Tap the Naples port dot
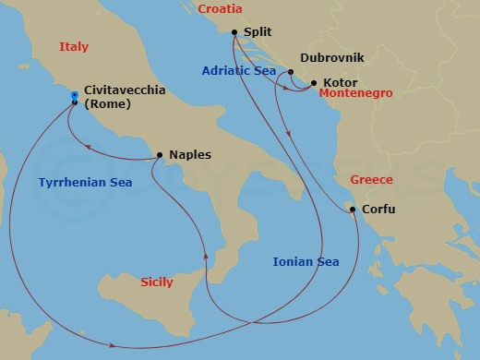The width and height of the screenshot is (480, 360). (x=160, y=155)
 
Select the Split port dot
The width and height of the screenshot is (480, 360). (x=234, y=32)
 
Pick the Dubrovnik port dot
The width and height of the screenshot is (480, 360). (x=291, y=72)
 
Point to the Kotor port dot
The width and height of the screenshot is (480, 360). (x=314, y=83)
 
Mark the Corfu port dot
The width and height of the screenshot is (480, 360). (x=353, y=210)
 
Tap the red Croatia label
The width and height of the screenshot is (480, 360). (x=220, y=9)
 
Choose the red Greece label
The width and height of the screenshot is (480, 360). (x=372, y=180)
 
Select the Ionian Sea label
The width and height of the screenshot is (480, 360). (x=306, y=262)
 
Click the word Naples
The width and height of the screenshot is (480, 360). (x=190, y=155)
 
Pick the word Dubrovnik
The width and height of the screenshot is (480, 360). (x=332, y=58)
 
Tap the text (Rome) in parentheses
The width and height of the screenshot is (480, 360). (x=106, y=103)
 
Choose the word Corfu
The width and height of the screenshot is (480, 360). (x=378, y=210)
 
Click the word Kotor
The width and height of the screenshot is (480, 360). (x=341, y=83)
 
